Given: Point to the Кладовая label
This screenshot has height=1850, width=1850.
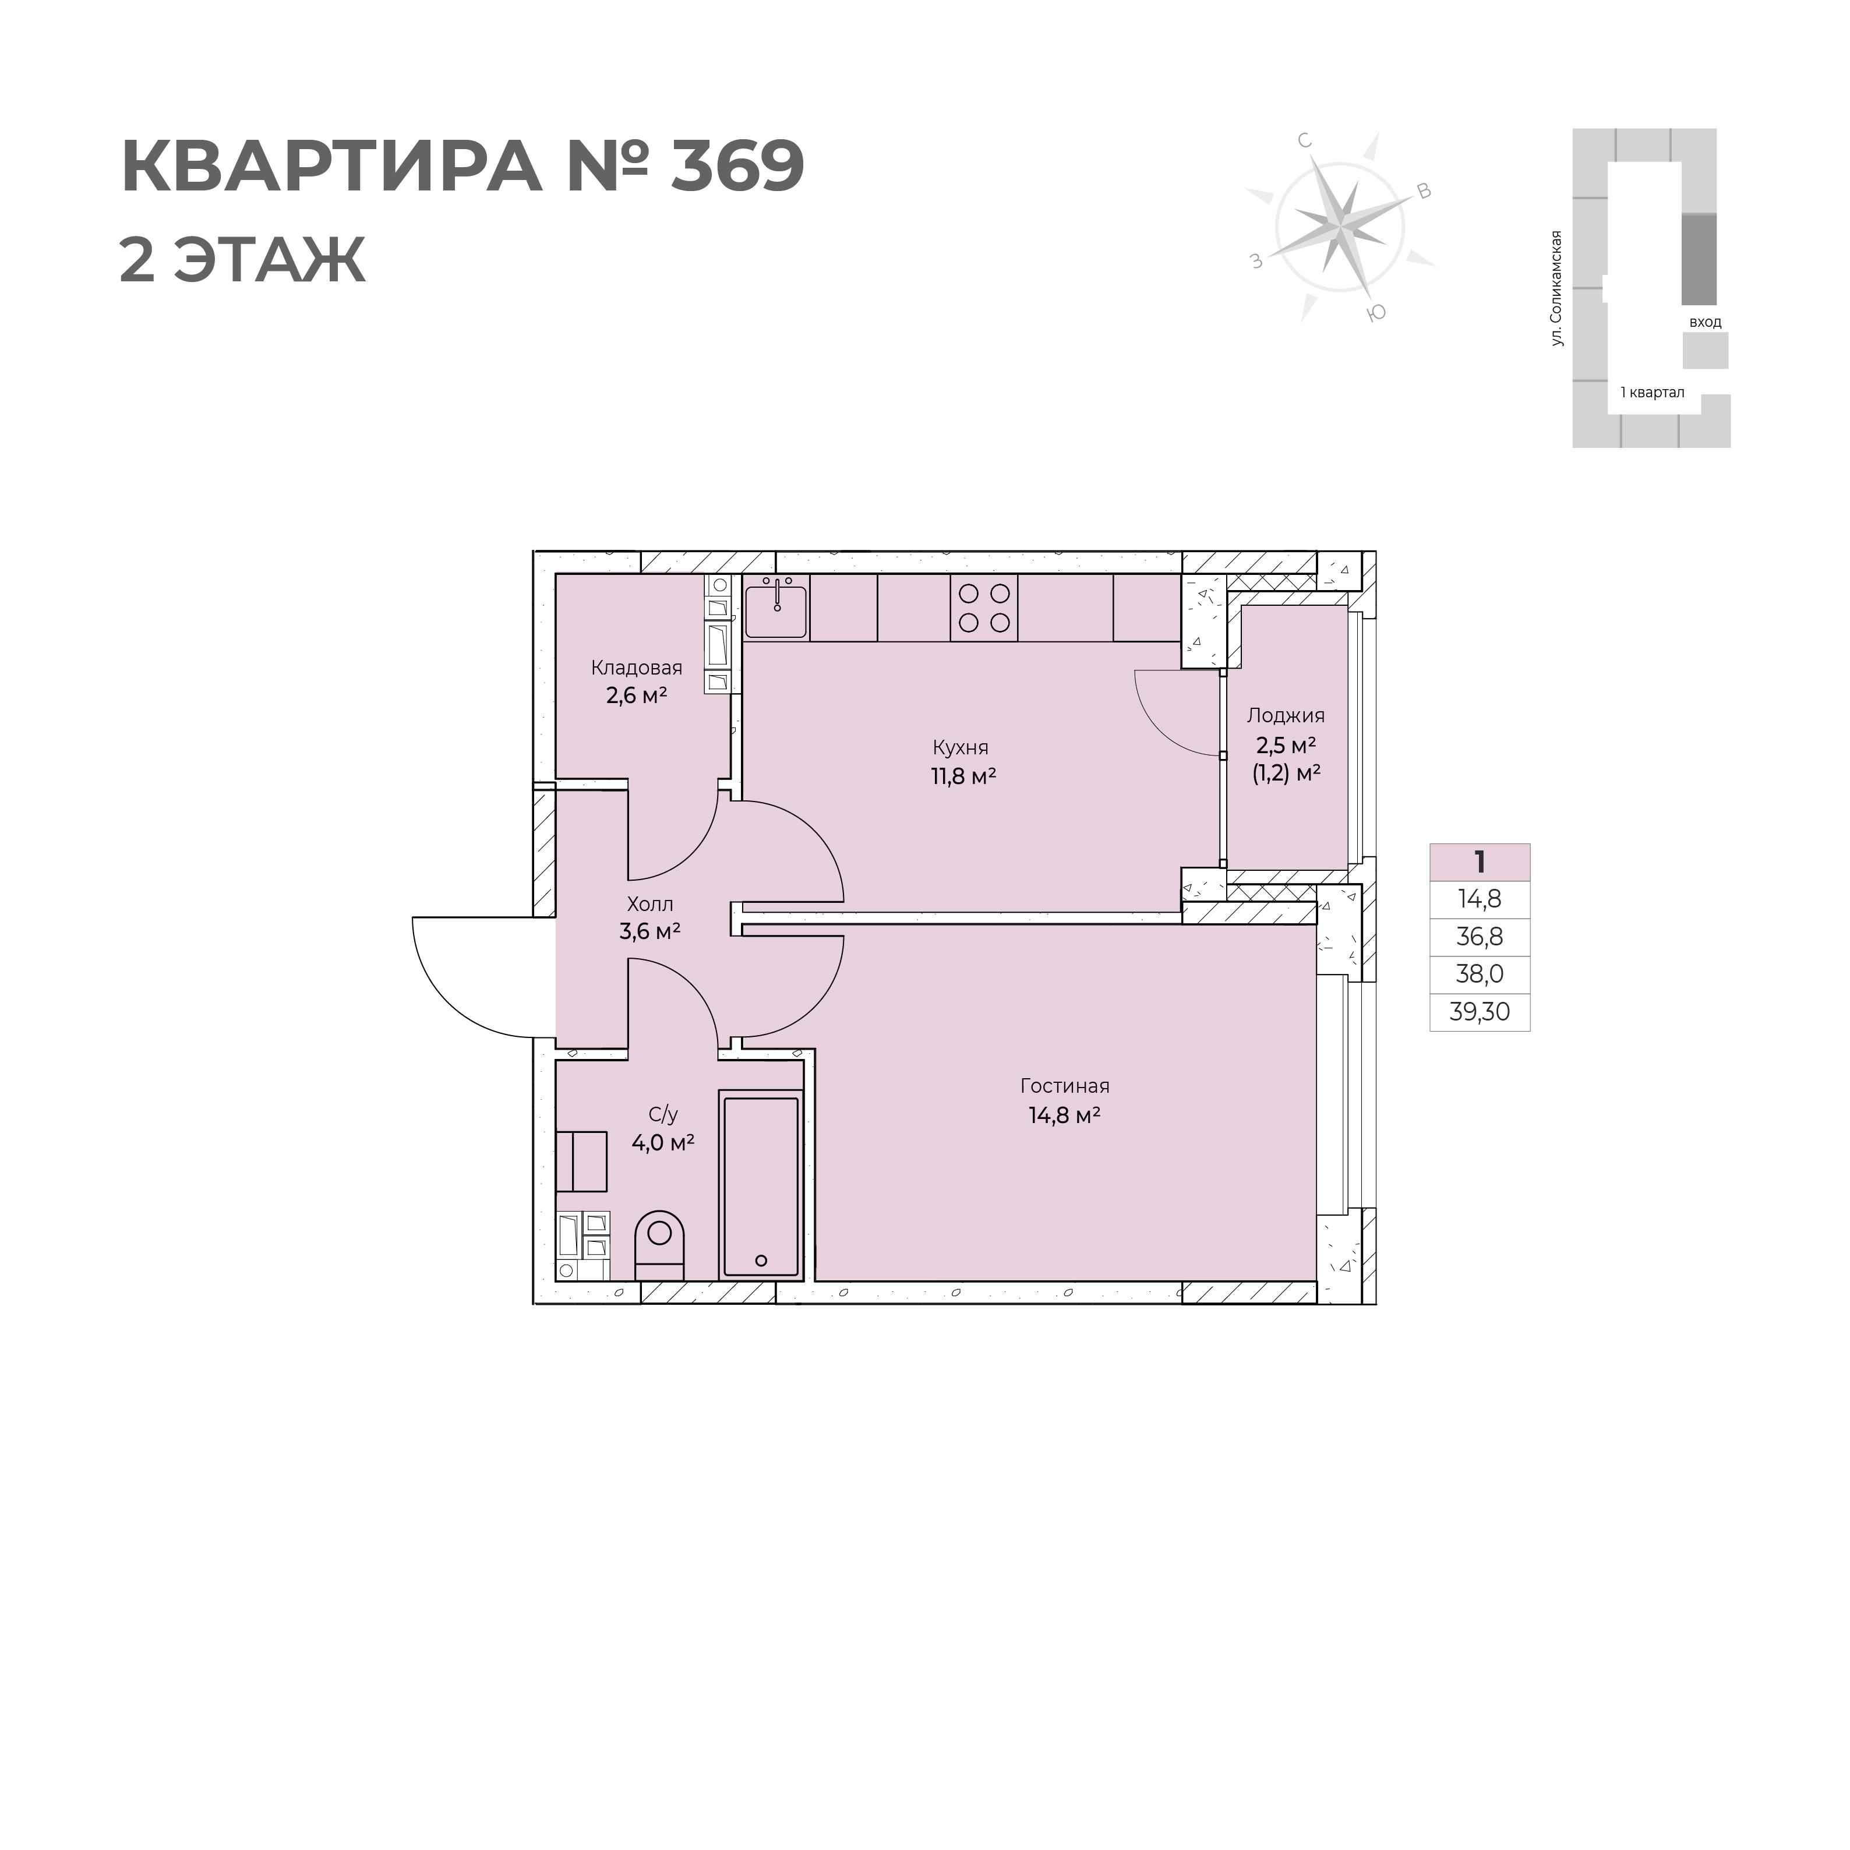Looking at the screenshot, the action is tap(637, 668).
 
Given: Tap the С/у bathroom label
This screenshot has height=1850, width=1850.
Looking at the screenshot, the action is tap(663, 1114).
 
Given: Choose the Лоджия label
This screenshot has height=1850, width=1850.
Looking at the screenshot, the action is tap(1286, 715).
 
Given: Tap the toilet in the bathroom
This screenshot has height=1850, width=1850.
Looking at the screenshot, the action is tap(660, 1245).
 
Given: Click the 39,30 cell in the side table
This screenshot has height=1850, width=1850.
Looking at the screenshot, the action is tap(1480, 1011).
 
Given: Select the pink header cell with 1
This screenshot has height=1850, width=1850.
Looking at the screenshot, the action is tap(1480, 862).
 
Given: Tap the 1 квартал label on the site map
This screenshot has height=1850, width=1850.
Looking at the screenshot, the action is tap(1652, 391).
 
